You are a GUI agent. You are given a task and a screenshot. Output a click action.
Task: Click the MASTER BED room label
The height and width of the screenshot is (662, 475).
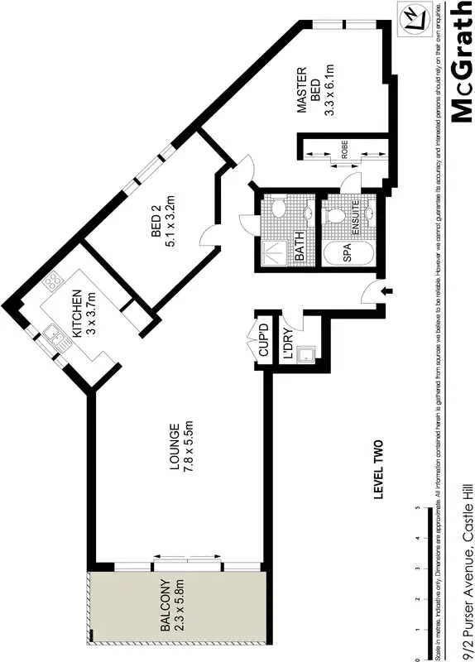click(309, 91)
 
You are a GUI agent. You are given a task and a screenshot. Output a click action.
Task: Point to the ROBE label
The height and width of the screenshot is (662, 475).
click(343, 152)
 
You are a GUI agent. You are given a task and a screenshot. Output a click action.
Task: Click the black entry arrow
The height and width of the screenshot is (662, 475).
click(390, 290)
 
